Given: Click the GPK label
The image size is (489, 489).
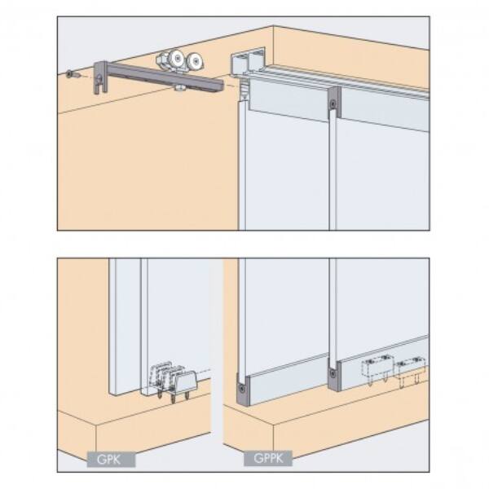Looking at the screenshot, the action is point(111,459).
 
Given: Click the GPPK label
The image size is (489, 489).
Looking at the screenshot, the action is point(268,458).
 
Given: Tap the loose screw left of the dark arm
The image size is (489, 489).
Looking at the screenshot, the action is point(72,75).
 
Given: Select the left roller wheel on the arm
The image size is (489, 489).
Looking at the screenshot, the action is point(176,59).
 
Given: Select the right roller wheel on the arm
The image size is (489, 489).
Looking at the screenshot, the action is point(196,61).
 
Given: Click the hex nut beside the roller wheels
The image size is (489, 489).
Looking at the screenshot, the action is point(161,59).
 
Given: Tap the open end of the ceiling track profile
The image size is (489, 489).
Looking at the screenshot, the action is point(248,62).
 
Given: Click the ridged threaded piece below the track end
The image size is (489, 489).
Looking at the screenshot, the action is point(244,89).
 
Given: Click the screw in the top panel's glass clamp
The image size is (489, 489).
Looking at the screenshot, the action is point(333,104).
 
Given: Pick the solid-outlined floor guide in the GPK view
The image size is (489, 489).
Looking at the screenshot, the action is point(183,381).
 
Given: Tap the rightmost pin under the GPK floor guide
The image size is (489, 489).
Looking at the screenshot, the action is point(187,394).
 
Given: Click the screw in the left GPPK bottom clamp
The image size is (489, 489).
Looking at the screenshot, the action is point(242,389).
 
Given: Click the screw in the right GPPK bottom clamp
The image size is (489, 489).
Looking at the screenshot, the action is point(333,373).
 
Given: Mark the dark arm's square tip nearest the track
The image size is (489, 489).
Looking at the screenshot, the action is point(221,86).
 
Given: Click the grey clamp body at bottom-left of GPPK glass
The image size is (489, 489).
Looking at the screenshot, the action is point(243,390).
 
